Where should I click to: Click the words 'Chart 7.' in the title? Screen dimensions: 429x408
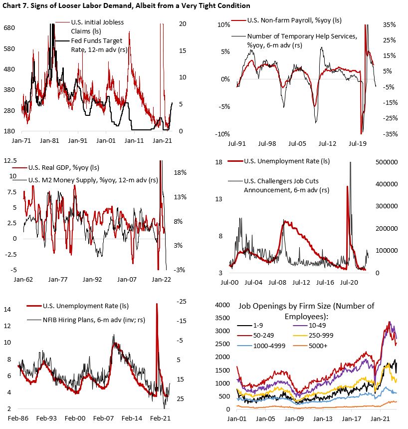[18, 5]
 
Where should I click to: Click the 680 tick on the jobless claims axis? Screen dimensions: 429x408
[10, 28]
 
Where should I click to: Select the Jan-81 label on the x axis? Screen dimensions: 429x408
[50, 141]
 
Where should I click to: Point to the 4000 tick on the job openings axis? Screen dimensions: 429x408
[222, 304]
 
